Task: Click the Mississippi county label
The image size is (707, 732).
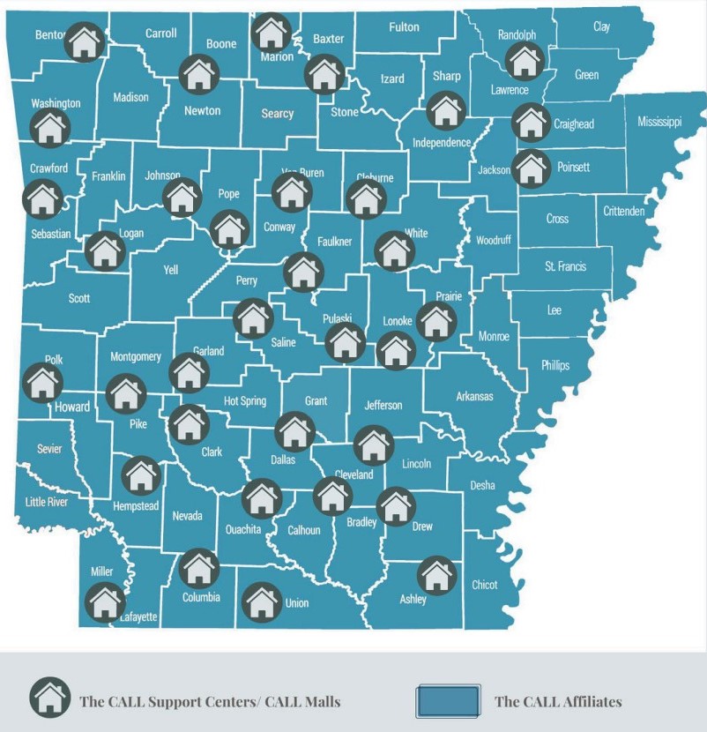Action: pyautogui.click(x=659, y=122)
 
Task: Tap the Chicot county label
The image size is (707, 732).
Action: pyautogui.click(x=484, y=584)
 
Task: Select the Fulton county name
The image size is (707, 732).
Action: pyautogui.click(x=404, y=27)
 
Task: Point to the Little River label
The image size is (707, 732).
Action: pyautogui.click(x=47, y=502)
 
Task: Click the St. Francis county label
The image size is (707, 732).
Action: pyautogui.click(x=565, y=265)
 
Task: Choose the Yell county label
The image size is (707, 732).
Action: pyautogui.click(x=171, y=270)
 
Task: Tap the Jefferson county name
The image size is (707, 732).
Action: pyautogui.click(x=383, y=406)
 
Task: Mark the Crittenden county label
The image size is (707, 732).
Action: pyautogui.click(x=624, y=211)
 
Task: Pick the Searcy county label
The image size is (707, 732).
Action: pyautogui.click(x=278, y=114)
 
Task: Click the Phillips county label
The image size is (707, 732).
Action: pyautogui.click(x=555, y=365)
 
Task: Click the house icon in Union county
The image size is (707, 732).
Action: pyautogui.click(x=261, y=602)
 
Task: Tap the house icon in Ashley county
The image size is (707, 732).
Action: pyautogui.click(x=436, y=575)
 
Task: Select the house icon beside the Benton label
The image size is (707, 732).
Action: pyautogui.click(x=85, y=41)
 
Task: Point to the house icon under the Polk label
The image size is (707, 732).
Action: pyautogui.click(x=42, y=383)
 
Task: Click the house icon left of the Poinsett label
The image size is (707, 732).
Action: pyautogui.click(x=531, y=168)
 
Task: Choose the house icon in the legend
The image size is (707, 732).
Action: pyautogui.click(x=49, y=698)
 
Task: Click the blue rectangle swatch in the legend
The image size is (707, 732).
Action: pyautogui.click(x=449, y=702)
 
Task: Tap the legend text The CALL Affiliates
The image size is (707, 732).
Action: pyautogui.click(x=558, y=702)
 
